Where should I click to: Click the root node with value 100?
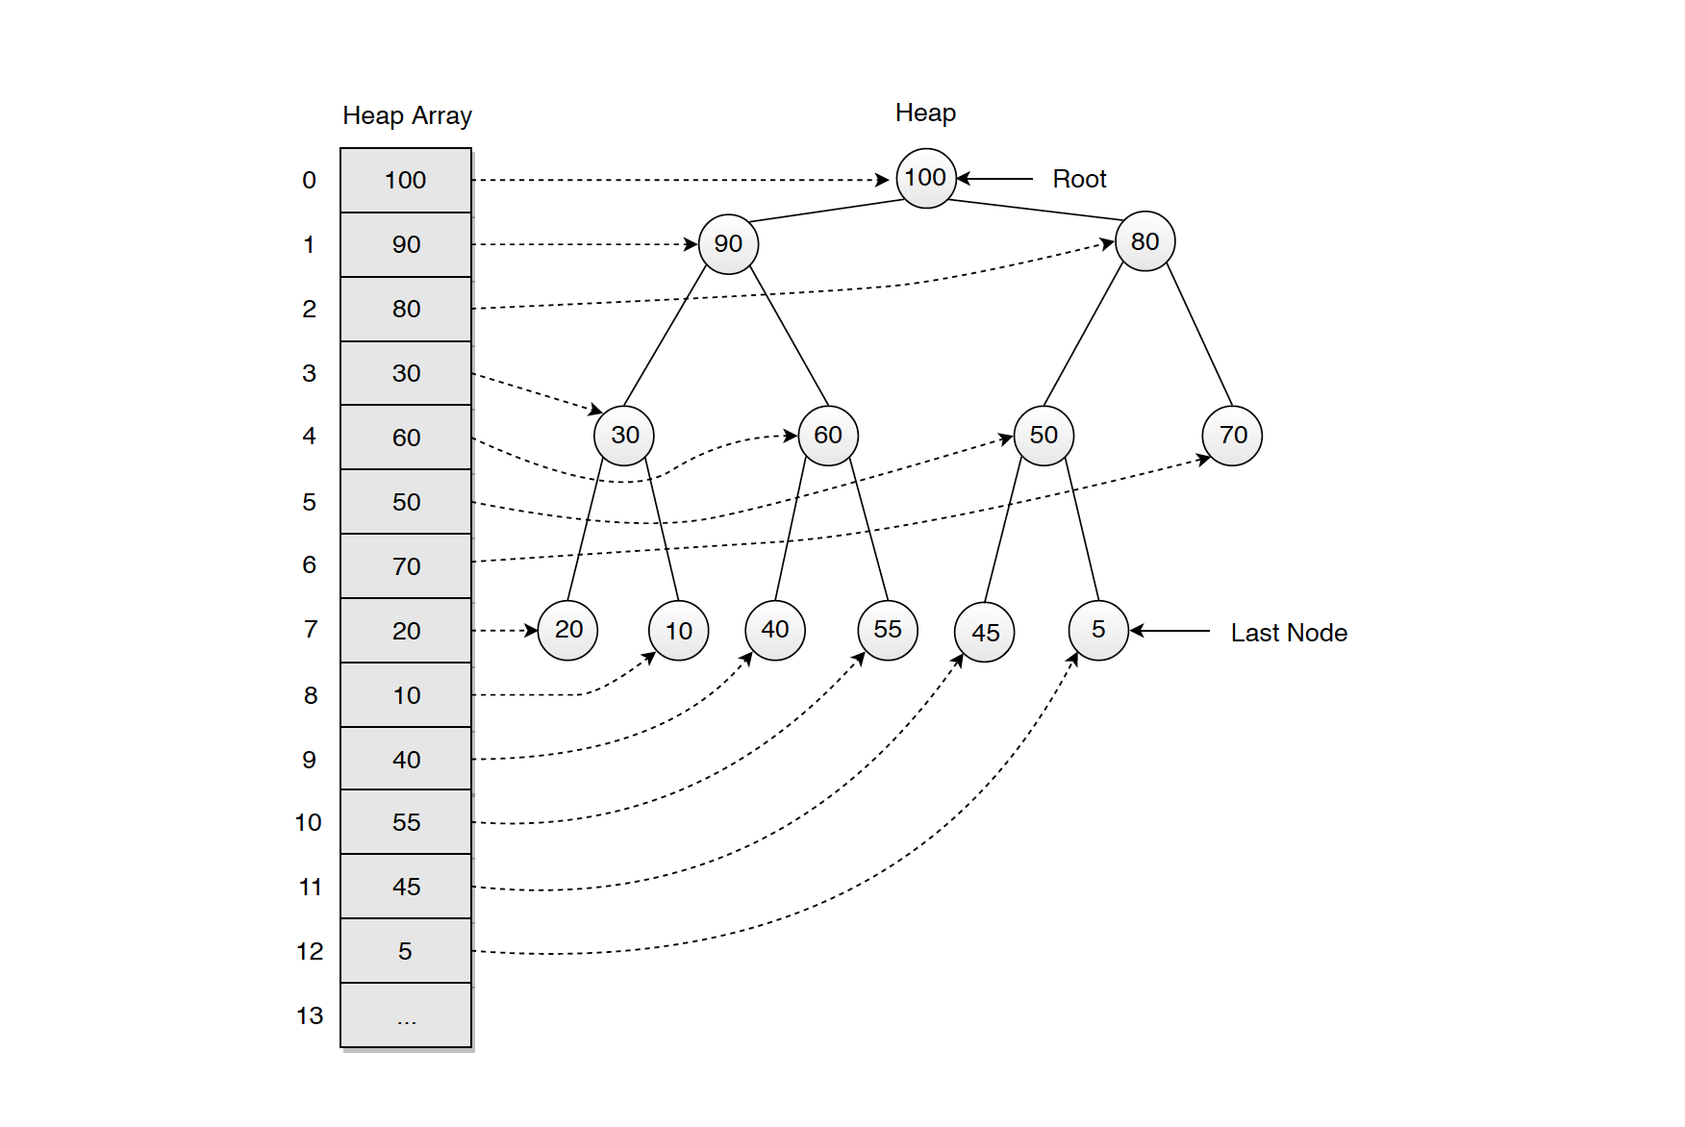pos(925,178)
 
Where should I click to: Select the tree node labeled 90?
pos(728,244)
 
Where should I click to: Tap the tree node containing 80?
pos(1144,241)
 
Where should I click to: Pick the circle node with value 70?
pos(1232,436)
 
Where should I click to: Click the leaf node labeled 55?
pos(887,630)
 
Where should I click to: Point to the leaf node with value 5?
pos(1097,630)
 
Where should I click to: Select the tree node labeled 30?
pos(624,436)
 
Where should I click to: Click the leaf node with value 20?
pos(567,630)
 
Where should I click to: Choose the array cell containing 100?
pos(406,181)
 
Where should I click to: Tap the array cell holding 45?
pos(406,887)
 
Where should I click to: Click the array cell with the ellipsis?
pos(406,1015)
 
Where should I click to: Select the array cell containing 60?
pos(406,438)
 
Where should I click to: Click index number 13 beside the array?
pos(310,1015)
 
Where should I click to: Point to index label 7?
pos(310,630)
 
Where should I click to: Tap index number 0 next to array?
pos(309,181)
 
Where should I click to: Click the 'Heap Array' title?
pos(407,116)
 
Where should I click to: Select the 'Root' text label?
pos(1079,179)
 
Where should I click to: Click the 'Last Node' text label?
pos(1288,633)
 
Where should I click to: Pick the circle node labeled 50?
pos(1044,436)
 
